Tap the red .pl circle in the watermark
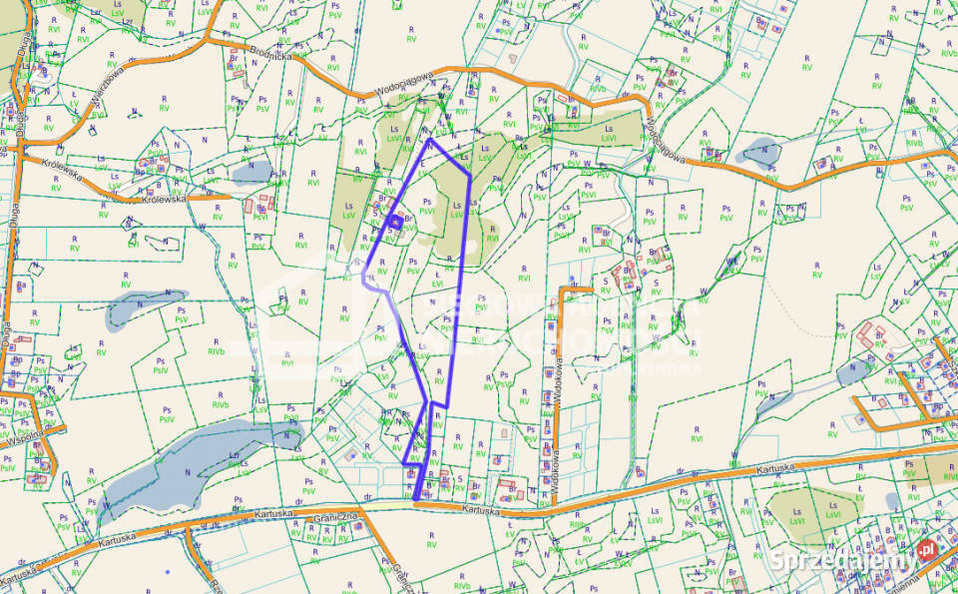coord(927,549)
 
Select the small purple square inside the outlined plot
coord(395,223)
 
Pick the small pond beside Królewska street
coord(251,173)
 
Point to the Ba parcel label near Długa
coord(21,285)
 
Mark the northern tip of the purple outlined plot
coord(429,140)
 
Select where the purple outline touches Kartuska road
coord(416,497)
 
